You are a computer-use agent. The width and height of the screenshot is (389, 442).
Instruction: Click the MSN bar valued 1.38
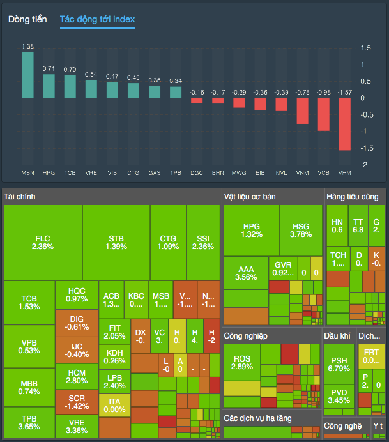(27, 75)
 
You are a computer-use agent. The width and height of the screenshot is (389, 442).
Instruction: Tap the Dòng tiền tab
(27, 19)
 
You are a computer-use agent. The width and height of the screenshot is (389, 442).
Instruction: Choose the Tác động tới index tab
(97, 19)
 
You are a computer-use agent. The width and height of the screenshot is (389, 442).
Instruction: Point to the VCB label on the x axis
(323, 173)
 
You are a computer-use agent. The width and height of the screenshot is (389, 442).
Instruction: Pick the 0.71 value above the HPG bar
(49, 68)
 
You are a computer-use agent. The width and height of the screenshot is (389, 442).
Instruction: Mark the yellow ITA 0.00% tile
(114, 405)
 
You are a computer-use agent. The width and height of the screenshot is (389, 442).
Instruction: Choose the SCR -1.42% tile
(77, 401)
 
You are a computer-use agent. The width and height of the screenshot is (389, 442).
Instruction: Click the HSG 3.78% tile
(301, 230)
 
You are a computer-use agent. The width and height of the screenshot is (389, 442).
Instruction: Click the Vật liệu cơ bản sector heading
(250, 196)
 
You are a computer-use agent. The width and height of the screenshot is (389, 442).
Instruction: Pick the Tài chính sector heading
(19, 194)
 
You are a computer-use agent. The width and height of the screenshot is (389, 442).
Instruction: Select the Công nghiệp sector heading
(246, 335)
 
